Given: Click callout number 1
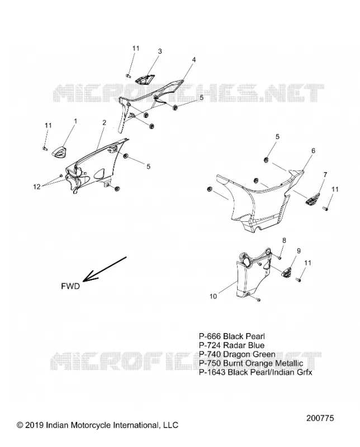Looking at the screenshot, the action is coord(75,121).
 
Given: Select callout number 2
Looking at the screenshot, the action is coord(105,122).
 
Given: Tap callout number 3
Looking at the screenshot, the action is coord(160,51).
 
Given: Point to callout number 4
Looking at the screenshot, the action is coord(194,60).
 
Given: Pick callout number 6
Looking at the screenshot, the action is coord(313,150).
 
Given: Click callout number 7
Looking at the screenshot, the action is coord(325,174).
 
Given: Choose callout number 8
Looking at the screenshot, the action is coord(284,240).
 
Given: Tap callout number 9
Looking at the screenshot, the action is coord(299,251).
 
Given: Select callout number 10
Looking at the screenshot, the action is coord(214,297).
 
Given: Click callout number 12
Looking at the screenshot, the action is coord(37,187).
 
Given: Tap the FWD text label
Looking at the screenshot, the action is coord(70,286).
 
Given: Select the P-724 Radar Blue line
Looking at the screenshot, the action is coord(231,345).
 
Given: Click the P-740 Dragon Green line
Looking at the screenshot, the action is coord(237,354).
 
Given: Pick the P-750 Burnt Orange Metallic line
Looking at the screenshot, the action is coord(251,363).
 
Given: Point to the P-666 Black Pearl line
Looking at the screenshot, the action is coord(232,336).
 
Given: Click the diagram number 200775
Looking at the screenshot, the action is coord(320,418).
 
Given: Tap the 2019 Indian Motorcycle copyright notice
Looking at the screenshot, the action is coord(98,425).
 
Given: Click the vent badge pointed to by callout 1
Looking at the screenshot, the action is coord(60,150).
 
